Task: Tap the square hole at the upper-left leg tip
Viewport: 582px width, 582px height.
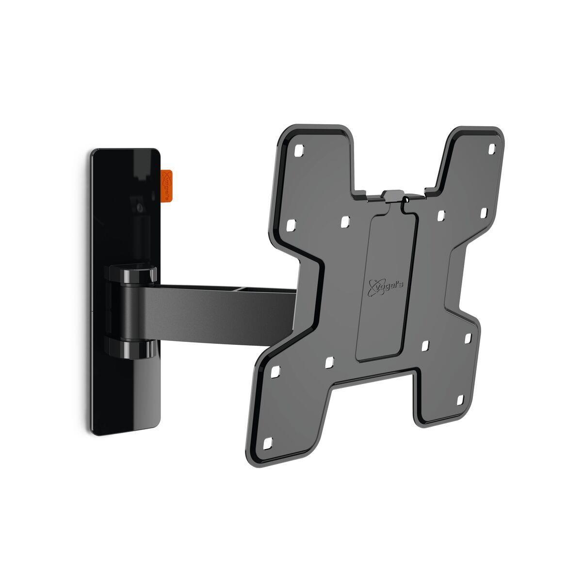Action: coord(297,148)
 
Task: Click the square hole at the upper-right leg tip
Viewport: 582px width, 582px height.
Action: coord(492,147)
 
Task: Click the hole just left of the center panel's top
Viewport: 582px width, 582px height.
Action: coord(345,221)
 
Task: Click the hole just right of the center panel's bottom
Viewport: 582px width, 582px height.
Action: coord(425,345)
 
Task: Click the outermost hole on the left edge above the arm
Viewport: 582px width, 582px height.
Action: coord(292,226)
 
